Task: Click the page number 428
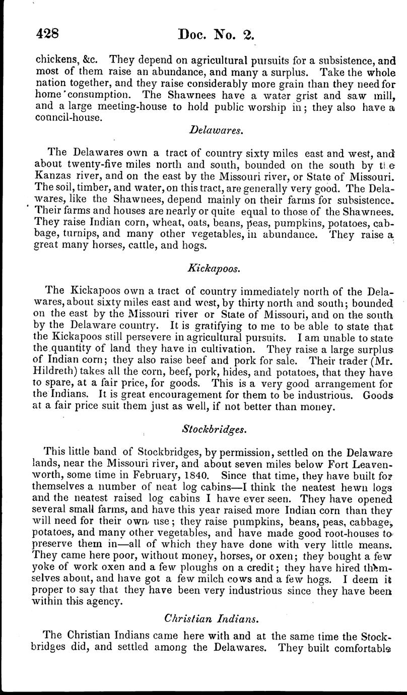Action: coord(48,34)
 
